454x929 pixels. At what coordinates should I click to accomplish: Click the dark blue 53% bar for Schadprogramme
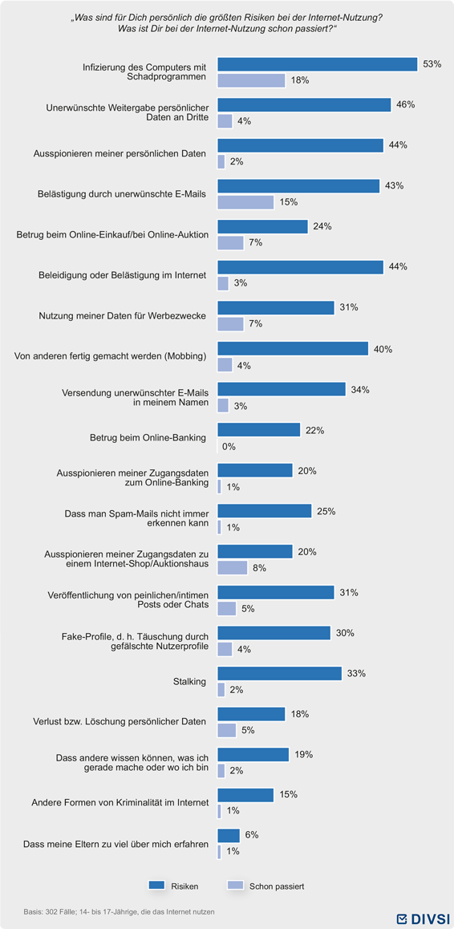point(318,64)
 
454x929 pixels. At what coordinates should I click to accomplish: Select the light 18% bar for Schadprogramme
point(252,80)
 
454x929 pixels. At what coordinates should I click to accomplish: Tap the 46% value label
point(405,105)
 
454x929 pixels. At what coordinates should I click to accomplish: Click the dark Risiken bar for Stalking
point(280,674)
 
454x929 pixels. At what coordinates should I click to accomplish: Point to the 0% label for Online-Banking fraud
point(229,446)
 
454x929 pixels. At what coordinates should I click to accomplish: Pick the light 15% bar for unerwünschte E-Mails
point(246,202)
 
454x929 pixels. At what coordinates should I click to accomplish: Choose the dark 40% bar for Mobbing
point(293,349)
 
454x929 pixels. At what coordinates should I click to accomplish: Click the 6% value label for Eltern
point(251,835)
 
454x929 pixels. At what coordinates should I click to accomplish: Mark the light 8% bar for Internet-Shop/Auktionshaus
point(233,568)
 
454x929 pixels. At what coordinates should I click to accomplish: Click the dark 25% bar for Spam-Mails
point(265,511)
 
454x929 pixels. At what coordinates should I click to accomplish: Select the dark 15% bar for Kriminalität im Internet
point(246,795)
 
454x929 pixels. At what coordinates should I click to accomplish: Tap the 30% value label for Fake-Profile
point(345,633)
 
